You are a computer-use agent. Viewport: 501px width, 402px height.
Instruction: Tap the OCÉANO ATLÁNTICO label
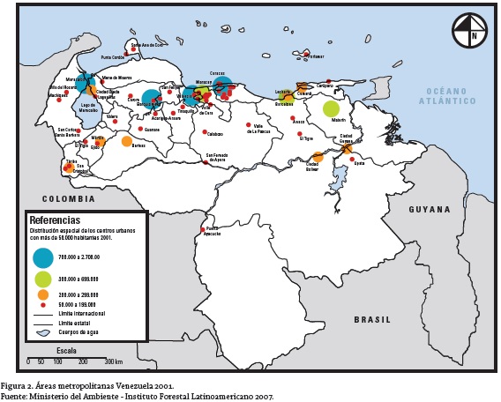[x=451, y=96]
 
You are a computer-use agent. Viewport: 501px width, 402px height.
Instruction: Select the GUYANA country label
[x=430, y=210]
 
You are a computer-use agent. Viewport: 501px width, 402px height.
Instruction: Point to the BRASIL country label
[x=371, y=320]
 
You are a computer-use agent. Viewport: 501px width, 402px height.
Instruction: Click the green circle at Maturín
[x=331, y=109]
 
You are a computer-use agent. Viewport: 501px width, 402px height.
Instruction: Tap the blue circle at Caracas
[x=222, y=86]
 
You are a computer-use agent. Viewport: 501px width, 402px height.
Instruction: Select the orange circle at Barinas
[x=127, y=141]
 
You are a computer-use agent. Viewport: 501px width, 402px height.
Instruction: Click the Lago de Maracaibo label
[x=88, y=108]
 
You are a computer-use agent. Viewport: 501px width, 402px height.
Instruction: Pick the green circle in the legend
[x=42, y=279]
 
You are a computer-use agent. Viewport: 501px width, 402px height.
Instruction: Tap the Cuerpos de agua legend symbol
[x=42, y=332]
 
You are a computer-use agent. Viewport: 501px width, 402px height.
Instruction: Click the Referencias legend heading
[x=55, y=220]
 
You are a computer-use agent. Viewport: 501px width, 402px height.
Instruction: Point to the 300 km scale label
[x=113, y=361]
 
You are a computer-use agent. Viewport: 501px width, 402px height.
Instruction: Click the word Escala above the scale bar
[x=66, y=350]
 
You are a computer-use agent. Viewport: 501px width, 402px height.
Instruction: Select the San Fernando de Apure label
[x=216, y=159]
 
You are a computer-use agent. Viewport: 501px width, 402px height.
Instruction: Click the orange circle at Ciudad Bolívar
[x=318, y=157]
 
